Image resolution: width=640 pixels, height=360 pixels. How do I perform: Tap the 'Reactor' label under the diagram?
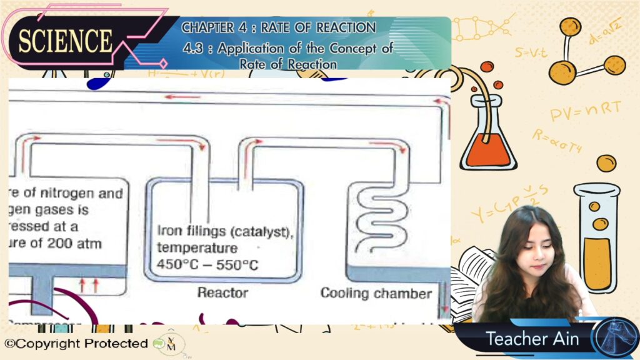(222, 292)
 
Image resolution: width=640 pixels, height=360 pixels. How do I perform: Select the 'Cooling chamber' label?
(376, 293)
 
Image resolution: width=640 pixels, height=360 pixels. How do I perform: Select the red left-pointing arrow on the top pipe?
(182, 97)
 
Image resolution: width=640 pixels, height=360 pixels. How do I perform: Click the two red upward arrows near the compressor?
(89, 286)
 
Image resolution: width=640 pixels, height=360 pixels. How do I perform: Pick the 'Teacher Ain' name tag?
(532, 339)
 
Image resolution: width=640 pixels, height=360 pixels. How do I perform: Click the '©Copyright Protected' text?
(76, 343)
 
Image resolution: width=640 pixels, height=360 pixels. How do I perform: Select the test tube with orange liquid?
(597, 244)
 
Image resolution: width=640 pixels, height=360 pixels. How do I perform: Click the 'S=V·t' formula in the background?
(531, 52)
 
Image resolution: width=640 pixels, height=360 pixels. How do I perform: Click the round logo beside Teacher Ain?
(615, 338)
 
